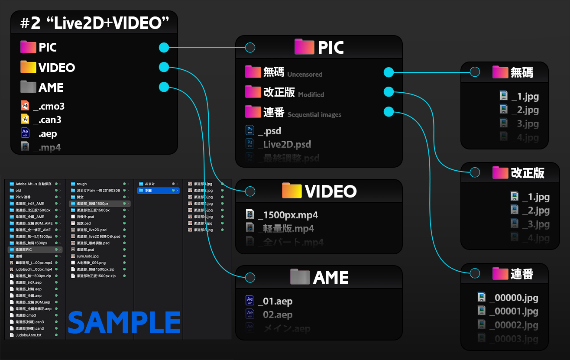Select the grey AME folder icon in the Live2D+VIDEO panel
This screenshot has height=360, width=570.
click(28, 88)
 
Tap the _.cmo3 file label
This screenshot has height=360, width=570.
click(49, 107)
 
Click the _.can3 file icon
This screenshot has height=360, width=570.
click(25, 119)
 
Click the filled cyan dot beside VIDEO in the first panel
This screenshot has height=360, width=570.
click(164, 67)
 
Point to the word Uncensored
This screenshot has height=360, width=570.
click(305, 75)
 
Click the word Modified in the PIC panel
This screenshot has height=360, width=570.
click(311, 94)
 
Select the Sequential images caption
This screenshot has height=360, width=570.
click(314, 115)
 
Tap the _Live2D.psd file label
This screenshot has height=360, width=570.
click(284, 144)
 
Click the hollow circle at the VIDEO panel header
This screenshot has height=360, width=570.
click(250, 191)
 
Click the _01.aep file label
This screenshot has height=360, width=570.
click(275, 301)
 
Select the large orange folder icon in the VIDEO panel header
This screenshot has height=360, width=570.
click(291, 191)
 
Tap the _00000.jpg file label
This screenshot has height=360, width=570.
click(514, 298)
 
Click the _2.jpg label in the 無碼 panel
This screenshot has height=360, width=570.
click(525, 110)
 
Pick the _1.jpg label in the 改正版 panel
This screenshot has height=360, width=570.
click(536, 197)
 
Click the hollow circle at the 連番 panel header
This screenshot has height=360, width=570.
click(475, 273)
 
